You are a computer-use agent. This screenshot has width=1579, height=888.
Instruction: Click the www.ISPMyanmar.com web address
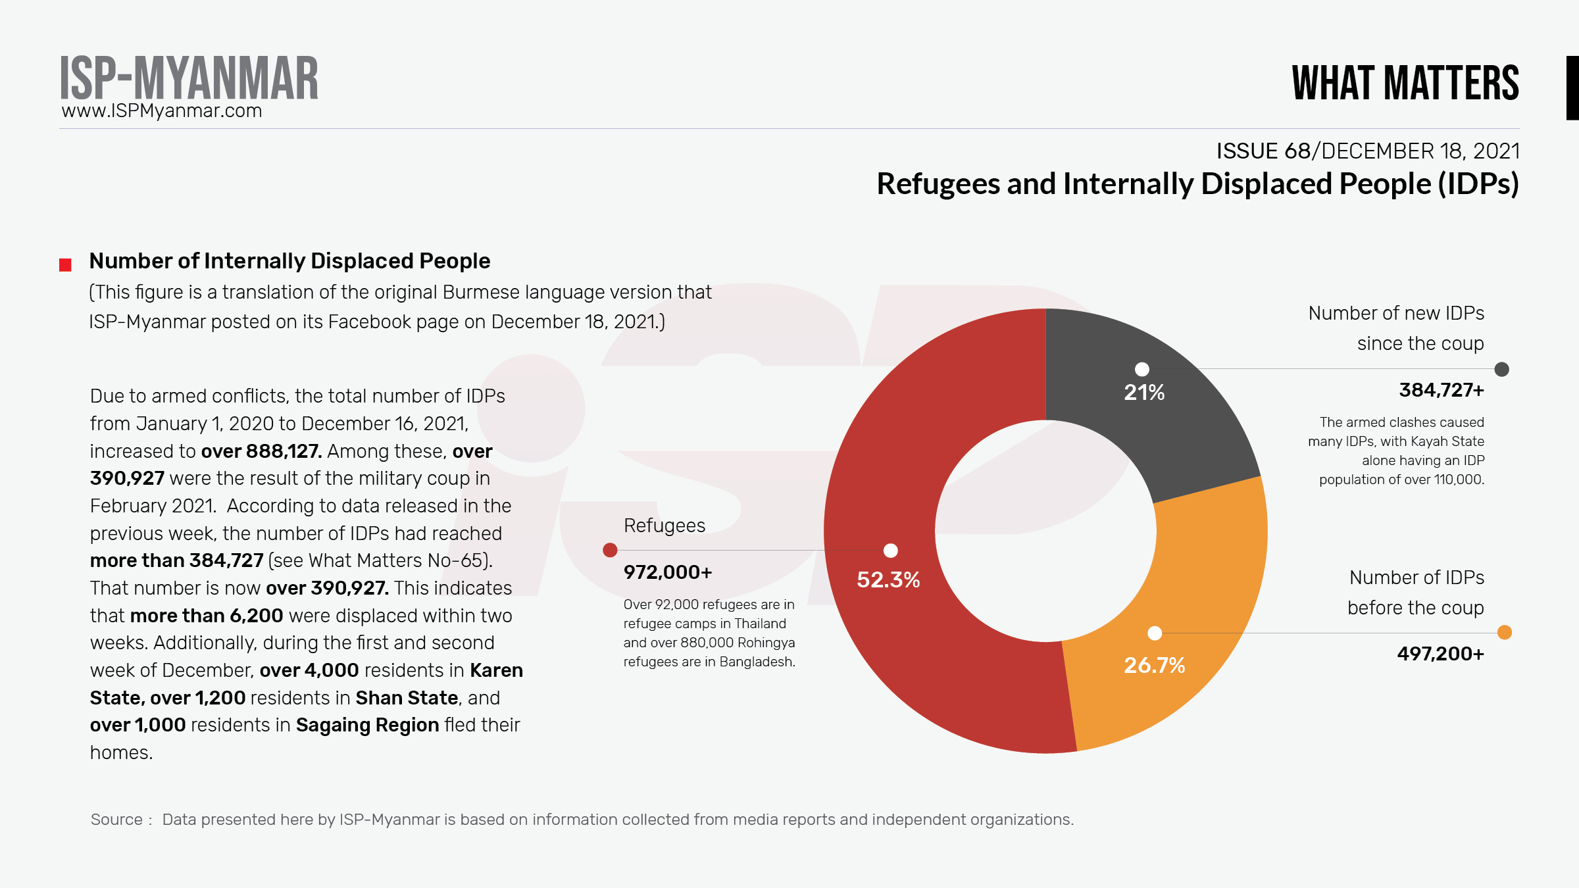[x=162, y=111]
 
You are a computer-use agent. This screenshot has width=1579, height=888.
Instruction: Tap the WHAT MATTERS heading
[x=1405, y=83]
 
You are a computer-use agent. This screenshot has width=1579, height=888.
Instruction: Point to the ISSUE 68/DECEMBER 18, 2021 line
[x=1368, y=151]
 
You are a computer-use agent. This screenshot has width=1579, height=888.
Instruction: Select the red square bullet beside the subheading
[x=65, y=265]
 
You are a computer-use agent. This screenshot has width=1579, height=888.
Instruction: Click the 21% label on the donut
[x=1144, y=393]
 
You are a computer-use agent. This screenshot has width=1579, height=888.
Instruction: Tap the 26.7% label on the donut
[x=1155, y=665]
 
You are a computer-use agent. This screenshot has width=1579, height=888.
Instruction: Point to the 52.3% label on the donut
[x=888, y=580]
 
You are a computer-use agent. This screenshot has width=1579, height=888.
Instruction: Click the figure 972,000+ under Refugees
[x=668, y=572]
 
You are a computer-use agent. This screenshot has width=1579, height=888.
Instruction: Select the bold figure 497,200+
[x=1440, y=654]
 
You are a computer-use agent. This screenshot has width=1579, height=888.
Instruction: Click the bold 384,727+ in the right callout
[x=1441, y=390]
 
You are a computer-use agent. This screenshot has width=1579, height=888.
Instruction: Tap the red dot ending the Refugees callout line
[x=610, y=550]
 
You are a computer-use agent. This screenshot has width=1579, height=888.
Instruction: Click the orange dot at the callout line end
[x=1504, y=633]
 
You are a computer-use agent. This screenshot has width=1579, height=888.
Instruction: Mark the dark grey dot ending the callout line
[x=1501, y=369]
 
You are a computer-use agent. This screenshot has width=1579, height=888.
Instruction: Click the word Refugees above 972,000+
[x=664, y=526]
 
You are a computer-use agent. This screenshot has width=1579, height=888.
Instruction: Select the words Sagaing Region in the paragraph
[x=367, y=725]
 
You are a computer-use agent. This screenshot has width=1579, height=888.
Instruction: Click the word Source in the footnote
[x=116, y=820]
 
